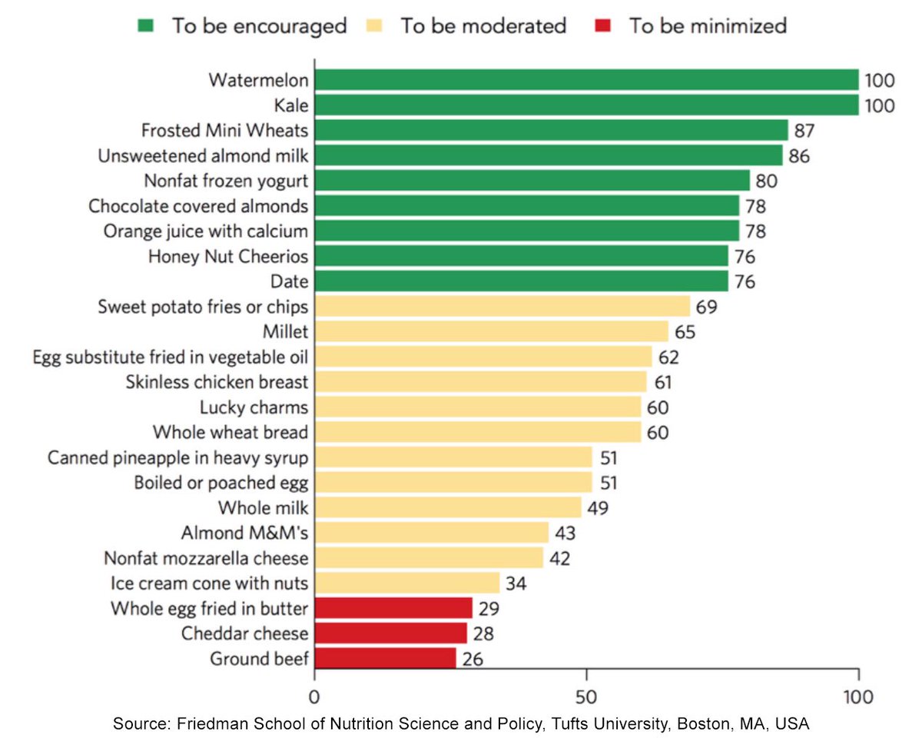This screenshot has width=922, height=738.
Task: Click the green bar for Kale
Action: pyautogui.click(x=586, y=105)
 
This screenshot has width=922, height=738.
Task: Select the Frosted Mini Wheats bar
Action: pyautogui.click(x=551, y=130)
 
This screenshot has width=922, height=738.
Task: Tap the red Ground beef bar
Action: pyautogui.click(x=385, y=658)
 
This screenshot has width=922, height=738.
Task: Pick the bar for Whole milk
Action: pyautogui.click(x=447, y=507)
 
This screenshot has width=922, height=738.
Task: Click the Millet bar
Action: pyautogui.click(x=491, y=331)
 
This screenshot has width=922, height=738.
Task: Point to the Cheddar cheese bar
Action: pyautogui.click(x=390, y=633)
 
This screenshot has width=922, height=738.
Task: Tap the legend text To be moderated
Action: pyautogui.click(x=483, y=25)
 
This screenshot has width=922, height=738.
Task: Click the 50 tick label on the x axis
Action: pyautogui.click(x=586, y=697)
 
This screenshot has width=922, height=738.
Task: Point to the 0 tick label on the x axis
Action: pyautogui.click(x=314, y=697)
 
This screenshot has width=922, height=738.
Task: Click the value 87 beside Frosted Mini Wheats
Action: pyautogui.click(x=804, y=130)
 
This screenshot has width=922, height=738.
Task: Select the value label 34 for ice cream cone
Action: pyautogui.click(x=516, y=583)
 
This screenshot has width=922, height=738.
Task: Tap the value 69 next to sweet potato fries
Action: pyautogui.click(x=706, y=307)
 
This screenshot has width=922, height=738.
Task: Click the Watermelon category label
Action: pyautogui.click(x=258, y=80)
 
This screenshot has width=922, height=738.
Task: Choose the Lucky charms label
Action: pyautogui.click(x=254, y=407)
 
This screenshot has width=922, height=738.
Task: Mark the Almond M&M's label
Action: pyautogui.click(x=244, y=532)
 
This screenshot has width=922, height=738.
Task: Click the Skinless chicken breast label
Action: pyautogui.click(x=217, y=381)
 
